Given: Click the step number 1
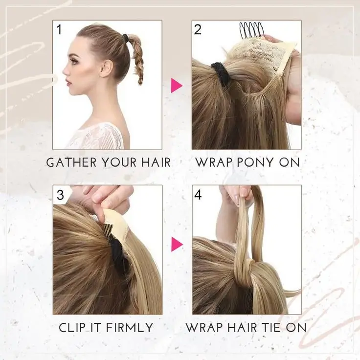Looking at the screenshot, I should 59,30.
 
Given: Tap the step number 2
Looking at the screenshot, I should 198,30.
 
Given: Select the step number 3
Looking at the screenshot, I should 60,195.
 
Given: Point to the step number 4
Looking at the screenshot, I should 198,195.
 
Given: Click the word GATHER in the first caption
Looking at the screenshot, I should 71,162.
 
